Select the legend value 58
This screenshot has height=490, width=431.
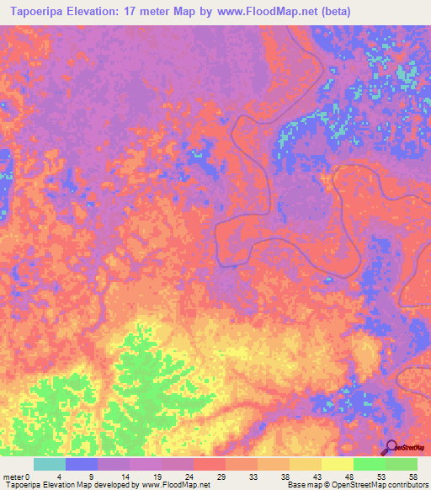click(x=412, y=477)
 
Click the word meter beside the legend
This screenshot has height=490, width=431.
click(x=13, y=477)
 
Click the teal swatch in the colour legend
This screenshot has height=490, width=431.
click(x=50, y=464)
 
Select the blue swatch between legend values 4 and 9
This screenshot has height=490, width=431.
click(x=82, y=464)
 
